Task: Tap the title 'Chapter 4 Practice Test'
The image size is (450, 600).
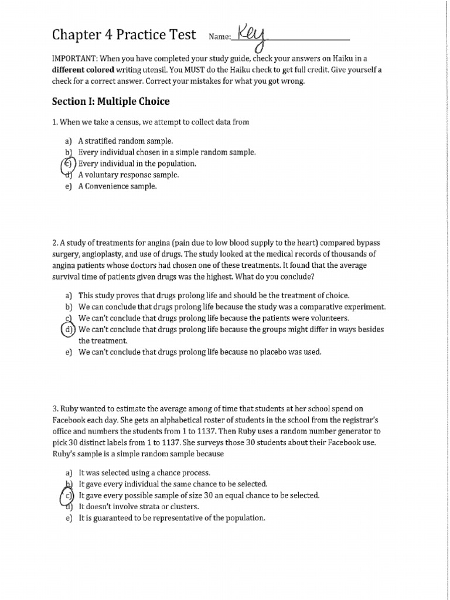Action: coord(124,35)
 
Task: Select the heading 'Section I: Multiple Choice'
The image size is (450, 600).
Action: coord(111,101)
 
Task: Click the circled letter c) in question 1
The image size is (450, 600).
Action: coord(69,164)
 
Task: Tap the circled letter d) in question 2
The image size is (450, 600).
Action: coord(69,330)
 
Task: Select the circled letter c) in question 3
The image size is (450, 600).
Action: coord(69,496)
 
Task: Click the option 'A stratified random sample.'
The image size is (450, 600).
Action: coord(125,141)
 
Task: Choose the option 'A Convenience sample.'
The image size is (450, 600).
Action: coord(117,186)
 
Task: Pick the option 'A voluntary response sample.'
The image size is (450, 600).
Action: coord(128,175)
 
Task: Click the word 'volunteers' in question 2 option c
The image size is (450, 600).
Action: coord(329,318)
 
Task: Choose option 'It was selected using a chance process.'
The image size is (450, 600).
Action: coord(144,473)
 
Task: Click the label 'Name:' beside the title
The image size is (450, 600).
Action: coord(220,37)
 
